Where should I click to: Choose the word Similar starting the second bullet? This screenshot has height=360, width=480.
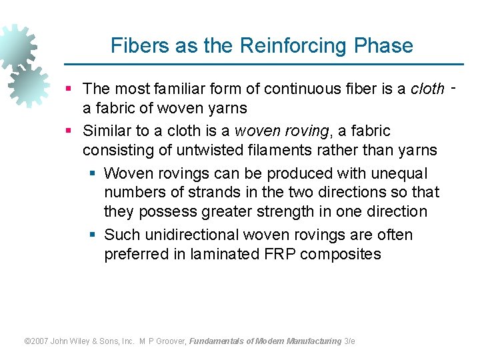107,131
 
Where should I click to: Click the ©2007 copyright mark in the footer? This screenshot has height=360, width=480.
37,341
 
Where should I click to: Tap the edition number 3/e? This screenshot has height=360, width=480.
349,341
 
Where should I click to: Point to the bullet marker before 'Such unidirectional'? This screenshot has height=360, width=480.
93,235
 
